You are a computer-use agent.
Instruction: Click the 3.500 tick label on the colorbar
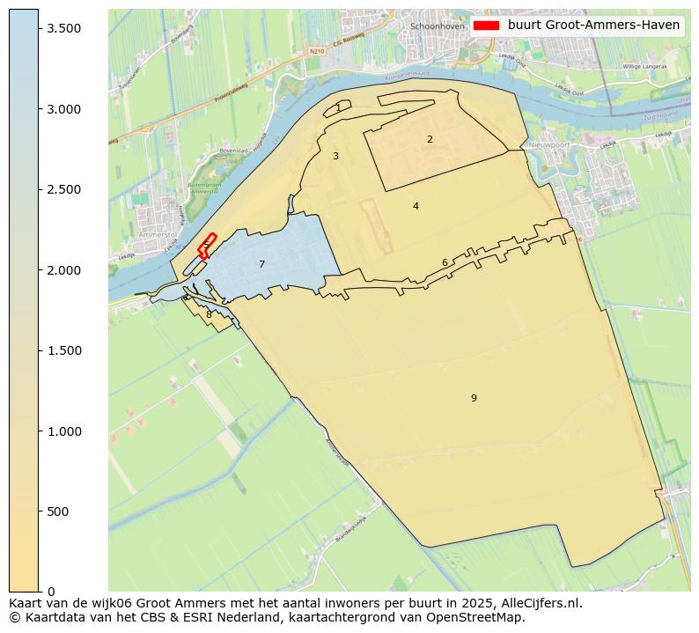[64, 29]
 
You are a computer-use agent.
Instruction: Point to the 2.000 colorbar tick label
[64, 270]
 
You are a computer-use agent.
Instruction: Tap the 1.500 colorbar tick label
[64, 350]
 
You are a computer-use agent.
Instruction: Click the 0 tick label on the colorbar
[51, 592]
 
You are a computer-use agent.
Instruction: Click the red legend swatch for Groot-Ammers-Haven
[486, 26]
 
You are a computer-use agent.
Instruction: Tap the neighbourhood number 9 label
[474, 398]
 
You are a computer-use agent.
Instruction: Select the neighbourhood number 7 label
[261, 264]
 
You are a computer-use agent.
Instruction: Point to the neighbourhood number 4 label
[416, 206]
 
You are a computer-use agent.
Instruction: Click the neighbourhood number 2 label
[430, 139]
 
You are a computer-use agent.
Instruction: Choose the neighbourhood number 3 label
[335, 156]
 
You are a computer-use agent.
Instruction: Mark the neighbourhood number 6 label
[445, 262]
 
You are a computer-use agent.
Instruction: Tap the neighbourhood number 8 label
[209, 314]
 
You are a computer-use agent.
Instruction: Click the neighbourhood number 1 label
[338, 107]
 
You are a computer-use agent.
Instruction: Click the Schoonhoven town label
[438, 26]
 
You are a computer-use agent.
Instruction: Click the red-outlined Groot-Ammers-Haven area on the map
[207, 245]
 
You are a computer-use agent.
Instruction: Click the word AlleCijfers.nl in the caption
[537, 603]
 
